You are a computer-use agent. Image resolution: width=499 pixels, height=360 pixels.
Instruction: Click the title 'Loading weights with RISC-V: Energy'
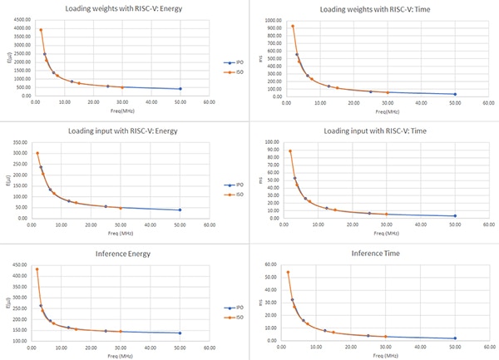(126, 10)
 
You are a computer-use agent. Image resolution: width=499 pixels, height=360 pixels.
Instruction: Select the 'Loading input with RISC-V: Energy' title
(126, 131)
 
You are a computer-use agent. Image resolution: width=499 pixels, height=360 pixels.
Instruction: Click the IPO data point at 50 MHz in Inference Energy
(180, 333)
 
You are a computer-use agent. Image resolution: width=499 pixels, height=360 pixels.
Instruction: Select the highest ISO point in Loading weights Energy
(40, 30)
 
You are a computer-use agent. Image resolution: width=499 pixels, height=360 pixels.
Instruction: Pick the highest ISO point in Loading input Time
(290, 151)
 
